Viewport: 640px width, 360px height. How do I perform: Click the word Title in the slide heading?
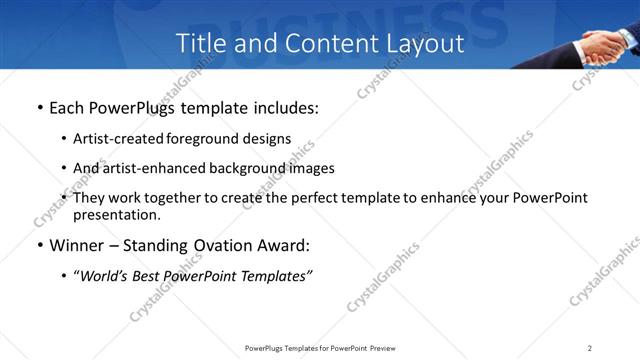click(x=199, y=43)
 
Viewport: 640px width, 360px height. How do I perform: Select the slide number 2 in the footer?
click(x=590, y=348)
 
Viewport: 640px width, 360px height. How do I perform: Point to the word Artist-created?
click(x=113, y=139)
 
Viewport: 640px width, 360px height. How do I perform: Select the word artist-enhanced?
click(x=146, y=168)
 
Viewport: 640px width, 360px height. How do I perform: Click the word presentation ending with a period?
click(x=116, y=214)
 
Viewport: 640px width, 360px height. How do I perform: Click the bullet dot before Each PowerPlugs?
click(x=39, y=107)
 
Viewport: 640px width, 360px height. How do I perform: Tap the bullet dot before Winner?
click(x=39, y=246)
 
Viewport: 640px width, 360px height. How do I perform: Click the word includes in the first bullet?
click(x=286, y=107)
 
